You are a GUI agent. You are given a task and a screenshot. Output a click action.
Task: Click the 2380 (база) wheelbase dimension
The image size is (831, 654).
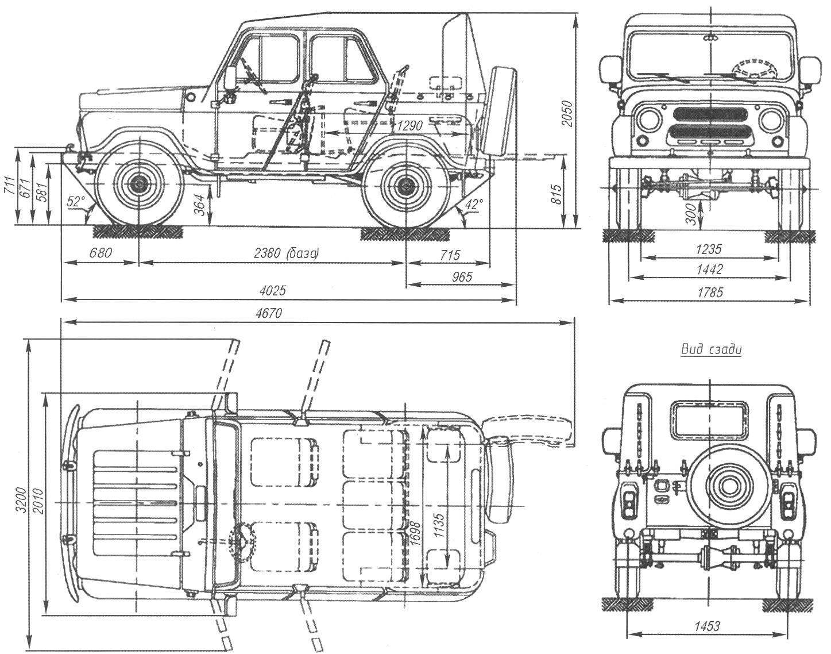(286, 253)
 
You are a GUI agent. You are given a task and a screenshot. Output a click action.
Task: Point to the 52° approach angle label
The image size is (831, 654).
(76, 201)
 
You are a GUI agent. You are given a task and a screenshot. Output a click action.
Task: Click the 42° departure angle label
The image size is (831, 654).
(473, 203)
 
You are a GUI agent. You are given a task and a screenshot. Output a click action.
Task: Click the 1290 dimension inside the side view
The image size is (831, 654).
(409, 125)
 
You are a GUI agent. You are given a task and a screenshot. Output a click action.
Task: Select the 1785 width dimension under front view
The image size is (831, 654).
(710, 292)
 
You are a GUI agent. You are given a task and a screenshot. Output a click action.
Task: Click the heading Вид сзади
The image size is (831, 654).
(710, 349)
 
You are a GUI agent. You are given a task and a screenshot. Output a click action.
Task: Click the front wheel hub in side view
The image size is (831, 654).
(137, 187)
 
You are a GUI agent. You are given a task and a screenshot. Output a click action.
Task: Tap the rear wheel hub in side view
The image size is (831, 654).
(405, 186)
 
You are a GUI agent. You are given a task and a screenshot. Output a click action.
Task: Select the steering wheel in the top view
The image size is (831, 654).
(242, 540)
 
